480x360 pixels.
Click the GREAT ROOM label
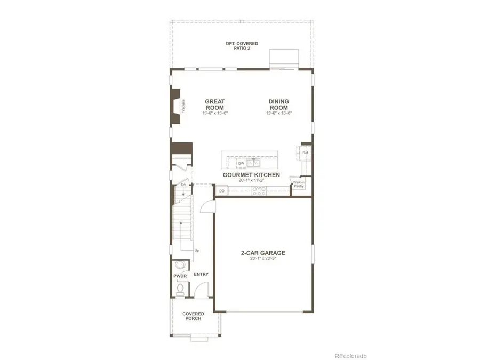point(215,104)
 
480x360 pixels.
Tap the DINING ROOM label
point(279,104)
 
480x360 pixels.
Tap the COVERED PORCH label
point(193,316)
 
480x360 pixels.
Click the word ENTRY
point(201,275)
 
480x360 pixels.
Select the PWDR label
point(179,276)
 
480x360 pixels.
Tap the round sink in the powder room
point(180,266)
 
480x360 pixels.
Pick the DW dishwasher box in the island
point(234,163)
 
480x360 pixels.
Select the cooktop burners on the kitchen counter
point(259,190)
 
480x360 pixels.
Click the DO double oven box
point(221,190)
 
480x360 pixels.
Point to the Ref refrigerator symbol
point(306,153)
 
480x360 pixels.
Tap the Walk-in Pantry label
point(298,184)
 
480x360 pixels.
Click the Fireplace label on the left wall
point(183,106)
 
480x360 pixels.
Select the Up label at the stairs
point(196,250)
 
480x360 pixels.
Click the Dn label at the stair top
point(183,185)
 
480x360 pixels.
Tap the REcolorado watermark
point(350,356)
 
